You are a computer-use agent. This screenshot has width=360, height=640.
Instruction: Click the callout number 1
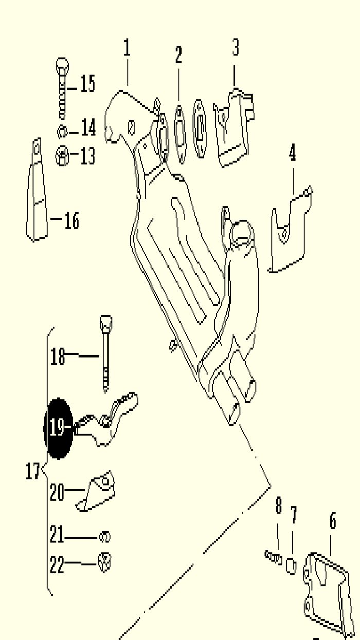pyautogui.click(x=127, y=48)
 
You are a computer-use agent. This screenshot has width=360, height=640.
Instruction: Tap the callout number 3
pyautogui.click(x=235, y=47)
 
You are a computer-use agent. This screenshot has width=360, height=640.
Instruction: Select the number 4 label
pyautogui.click(x=292, y=153)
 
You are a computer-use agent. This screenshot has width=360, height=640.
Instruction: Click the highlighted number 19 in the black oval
pyautogui.click(x=58, y=428)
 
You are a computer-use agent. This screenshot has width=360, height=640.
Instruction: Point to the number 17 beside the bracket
pyautogui.click(x=32, y=471)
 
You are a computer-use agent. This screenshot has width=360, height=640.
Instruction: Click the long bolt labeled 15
pyautogui.click(x=62, y=89)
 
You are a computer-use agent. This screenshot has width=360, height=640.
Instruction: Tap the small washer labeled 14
pyautogui.click(x=62, y=132)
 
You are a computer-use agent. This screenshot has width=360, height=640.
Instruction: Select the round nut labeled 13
pyautogui.click(x=62, y=156)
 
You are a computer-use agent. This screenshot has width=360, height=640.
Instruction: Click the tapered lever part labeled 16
pyautogui.click(x=37, y=190)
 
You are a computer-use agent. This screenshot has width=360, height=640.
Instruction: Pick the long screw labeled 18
pyautogui.click(x=106, y=354)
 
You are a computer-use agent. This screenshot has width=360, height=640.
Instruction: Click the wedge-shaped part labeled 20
pyautogui.click(x=96, y=491)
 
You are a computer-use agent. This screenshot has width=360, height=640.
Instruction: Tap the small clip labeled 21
pyautogui.click(x=104, y=537)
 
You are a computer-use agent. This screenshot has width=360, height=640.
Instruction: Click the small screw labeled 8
pyautogui.click(x=274, y=557)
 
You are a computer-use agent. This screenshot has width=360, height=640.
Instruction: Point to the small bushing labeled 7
pyautogui.click(x=291, y=566)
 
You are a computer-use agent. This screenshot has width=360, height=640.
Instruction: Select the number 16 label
pyautogui.click(x=71, y=221)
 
